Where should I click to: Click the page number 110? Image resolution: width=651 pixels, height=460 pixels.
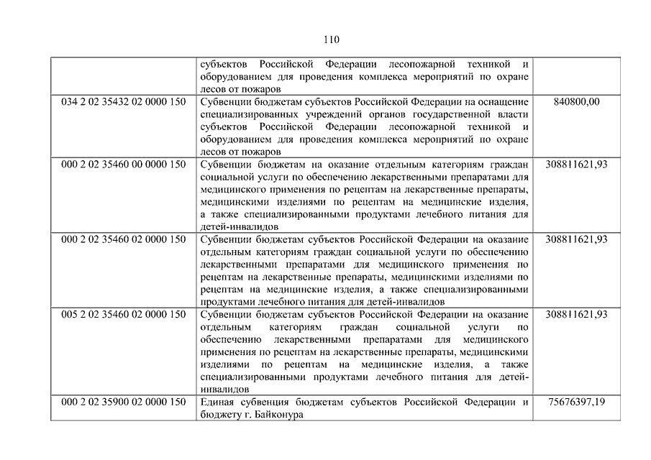tap(332, 39)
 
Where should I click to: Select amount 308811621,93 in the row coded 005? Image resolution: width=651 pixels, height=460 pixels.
tap(576, 315)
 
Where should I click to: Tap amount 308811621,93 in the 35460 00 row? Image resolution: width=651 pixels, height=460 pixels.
tap(576, 164)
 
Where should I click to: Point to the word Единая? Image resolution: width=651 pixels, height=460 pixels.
tap(219, 402)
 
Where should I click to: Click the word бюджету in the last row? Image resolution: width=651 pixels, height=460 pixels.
tap(219, 415)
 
